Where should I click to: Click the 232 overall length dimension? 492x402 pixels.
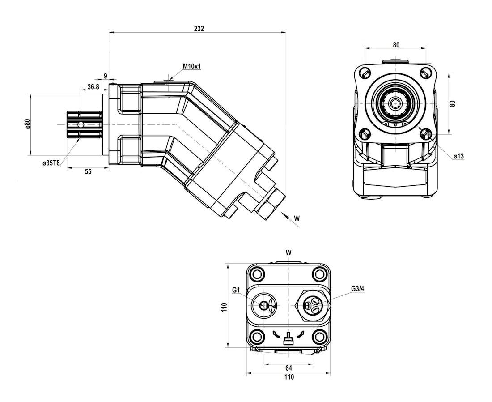(199, 28)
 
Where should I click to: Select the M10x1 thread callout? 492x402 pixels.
(192, 67)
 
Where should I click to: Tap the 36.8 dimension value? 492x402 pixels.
(93, 87)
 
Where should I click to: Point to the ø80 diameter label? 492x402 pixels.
(27, 124)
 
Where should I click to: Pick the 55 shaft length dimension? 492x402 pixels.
(88, 171)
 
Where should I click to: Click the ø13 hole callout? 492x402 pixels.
(458, 156)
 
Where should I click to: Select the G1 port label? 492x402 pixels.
(237, 291)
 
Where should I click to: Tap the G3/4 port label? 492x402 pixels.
(358, 289)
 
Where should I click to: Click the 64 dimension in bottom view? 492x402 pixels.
(288, 368)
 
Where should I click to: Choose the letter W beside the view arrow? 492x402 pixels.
(296, 218)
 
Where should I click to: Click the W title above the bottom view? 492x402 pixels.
(288, 252)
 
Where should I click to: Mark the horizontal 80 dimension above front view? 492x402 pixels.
(396, 45)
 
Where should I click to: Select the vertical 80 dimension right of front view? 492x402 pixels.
(452, 103)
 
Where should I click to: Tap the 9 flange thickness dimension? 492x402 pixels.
(106, 76)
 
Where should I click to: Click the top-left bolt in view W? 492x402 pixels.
(257, 274)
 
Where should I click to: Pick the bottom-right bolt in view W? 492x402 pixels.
(319, 336)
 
